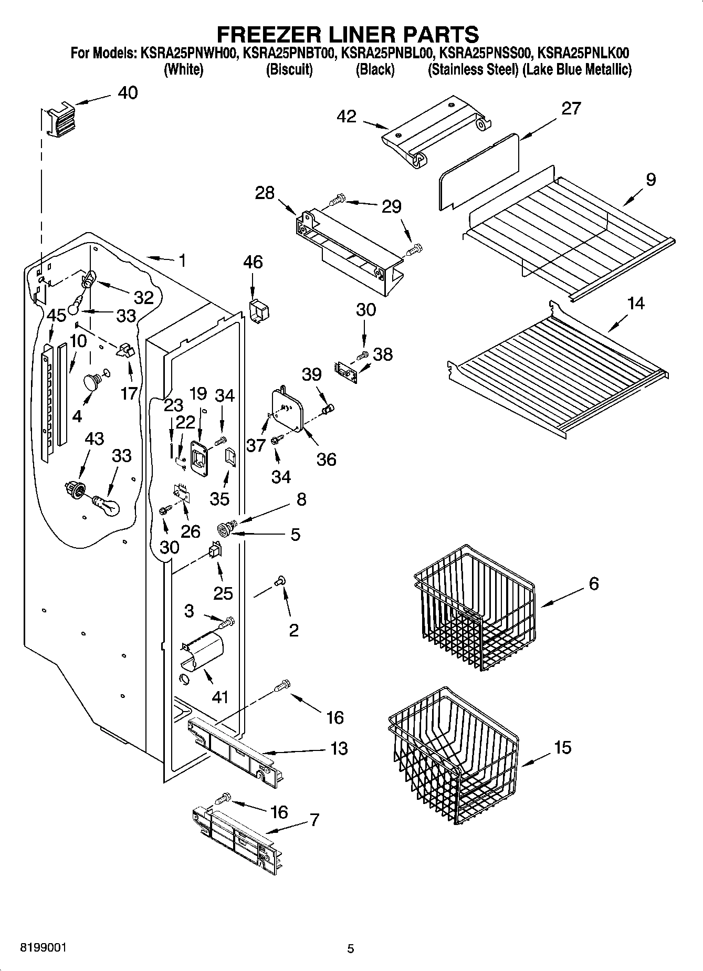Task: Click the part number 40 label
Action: coord(128,93)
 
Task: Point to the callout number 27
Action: coord(571,109)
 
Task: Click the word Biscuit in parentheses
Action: coord(289,70)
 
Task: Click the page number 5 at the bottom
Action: coord(351,948)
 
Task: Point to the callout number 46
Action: coord(253,262)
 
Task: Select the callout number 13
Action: coord(339,748)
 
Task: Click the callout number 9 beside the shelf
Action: coord(650,180)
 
